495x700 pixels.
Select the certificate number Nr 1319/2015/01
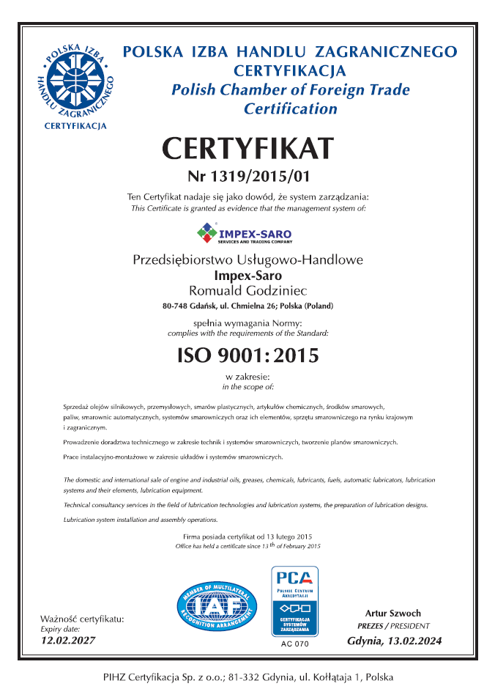coord(247,176)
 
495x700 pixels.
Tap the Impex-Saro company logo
coord(245,234)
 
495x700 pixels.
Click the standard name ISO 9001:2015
coord(248,356)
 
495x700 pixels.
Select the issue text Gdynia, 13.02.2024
coord(394,641)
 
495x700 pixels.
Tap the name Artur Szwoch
coord(394,612)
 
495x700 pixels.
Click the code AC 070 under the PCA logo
coord(295,644)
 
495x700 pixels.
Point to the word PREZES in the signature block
coord(372,626)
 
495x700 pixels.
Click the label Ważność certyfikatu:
coord(82,619)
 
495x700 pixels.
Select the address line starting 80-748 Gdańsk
coord(247,306)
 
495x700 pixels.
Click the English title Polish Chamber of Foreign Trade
coord(290,90)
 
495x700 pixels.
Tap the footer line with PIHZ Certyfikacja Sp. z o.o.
coord(247,677)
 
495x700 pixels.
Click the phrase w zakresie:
coord(247,377)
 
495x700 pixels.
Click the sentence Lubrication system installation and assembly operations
coord(141,520)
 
